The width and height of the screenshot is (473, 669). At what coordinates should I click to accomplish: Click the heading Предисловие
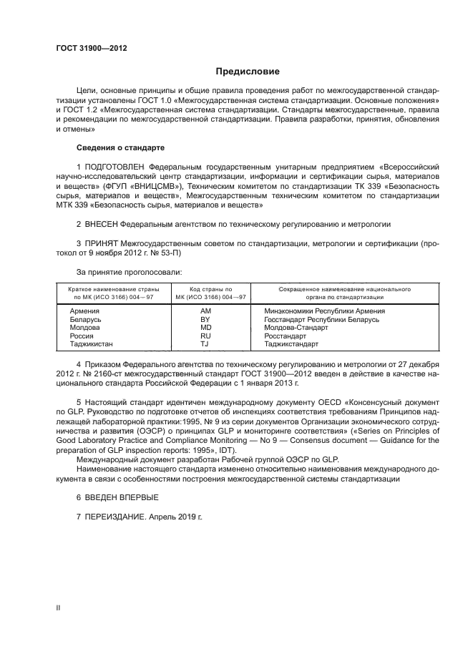(248, 72)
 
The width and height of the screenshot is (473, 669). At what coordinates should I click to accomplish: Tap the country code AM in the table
(206, 311)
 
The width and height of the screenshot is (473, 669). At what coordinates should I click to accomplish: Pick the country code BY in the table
(206, 319)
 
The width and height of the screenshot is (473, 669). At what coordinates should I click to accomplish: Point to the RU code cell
(206, 335)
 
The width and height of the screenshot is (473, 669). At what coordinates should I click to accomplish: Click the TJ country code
(206, 343)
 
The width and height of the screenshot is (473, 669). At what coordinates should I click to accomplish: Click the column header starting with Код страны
(205, 289)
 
